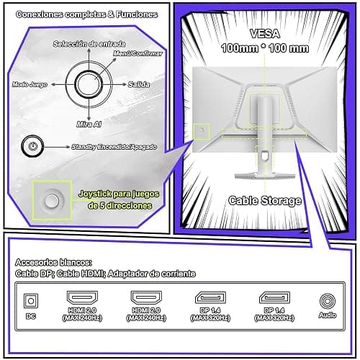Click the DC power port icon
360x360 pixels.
pos(31,301)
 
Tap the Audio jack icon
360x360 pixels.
pos(328,301)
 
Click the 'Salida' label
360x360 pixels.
pos(139,84)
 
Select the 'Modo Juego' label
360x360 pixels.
pos(30,84)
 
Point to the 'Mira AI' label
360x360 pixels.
pos(89,124)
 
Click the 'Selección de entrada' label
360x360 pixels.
pos(89,44)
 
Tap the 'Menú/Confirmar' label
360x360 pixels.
pos(138,53)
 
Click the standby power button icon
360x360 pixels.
pos(32,146)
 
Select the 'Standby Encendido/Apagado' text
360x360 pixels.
pos(114,147)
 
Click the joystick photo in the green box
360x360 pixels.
pos(53,200)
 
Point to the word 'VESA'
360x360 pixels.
pos(265,34)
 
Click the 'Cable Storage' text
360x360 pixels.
pos(265,201)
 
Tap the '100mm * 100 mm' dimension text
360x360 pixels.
pos(265,48)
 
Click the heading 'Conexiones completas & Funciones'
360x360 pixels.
pos(86,14)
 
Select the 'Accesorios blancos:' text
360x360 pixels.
pos(53,262)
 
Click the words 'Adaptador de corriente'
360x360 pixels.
pos(151,274)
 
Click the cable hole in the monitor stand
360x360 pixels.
pos(264,156)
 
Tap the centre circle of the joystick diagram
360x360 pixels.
pos(87,84)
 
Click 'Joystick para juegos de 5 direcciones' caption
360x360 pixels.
pos(120,199)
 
